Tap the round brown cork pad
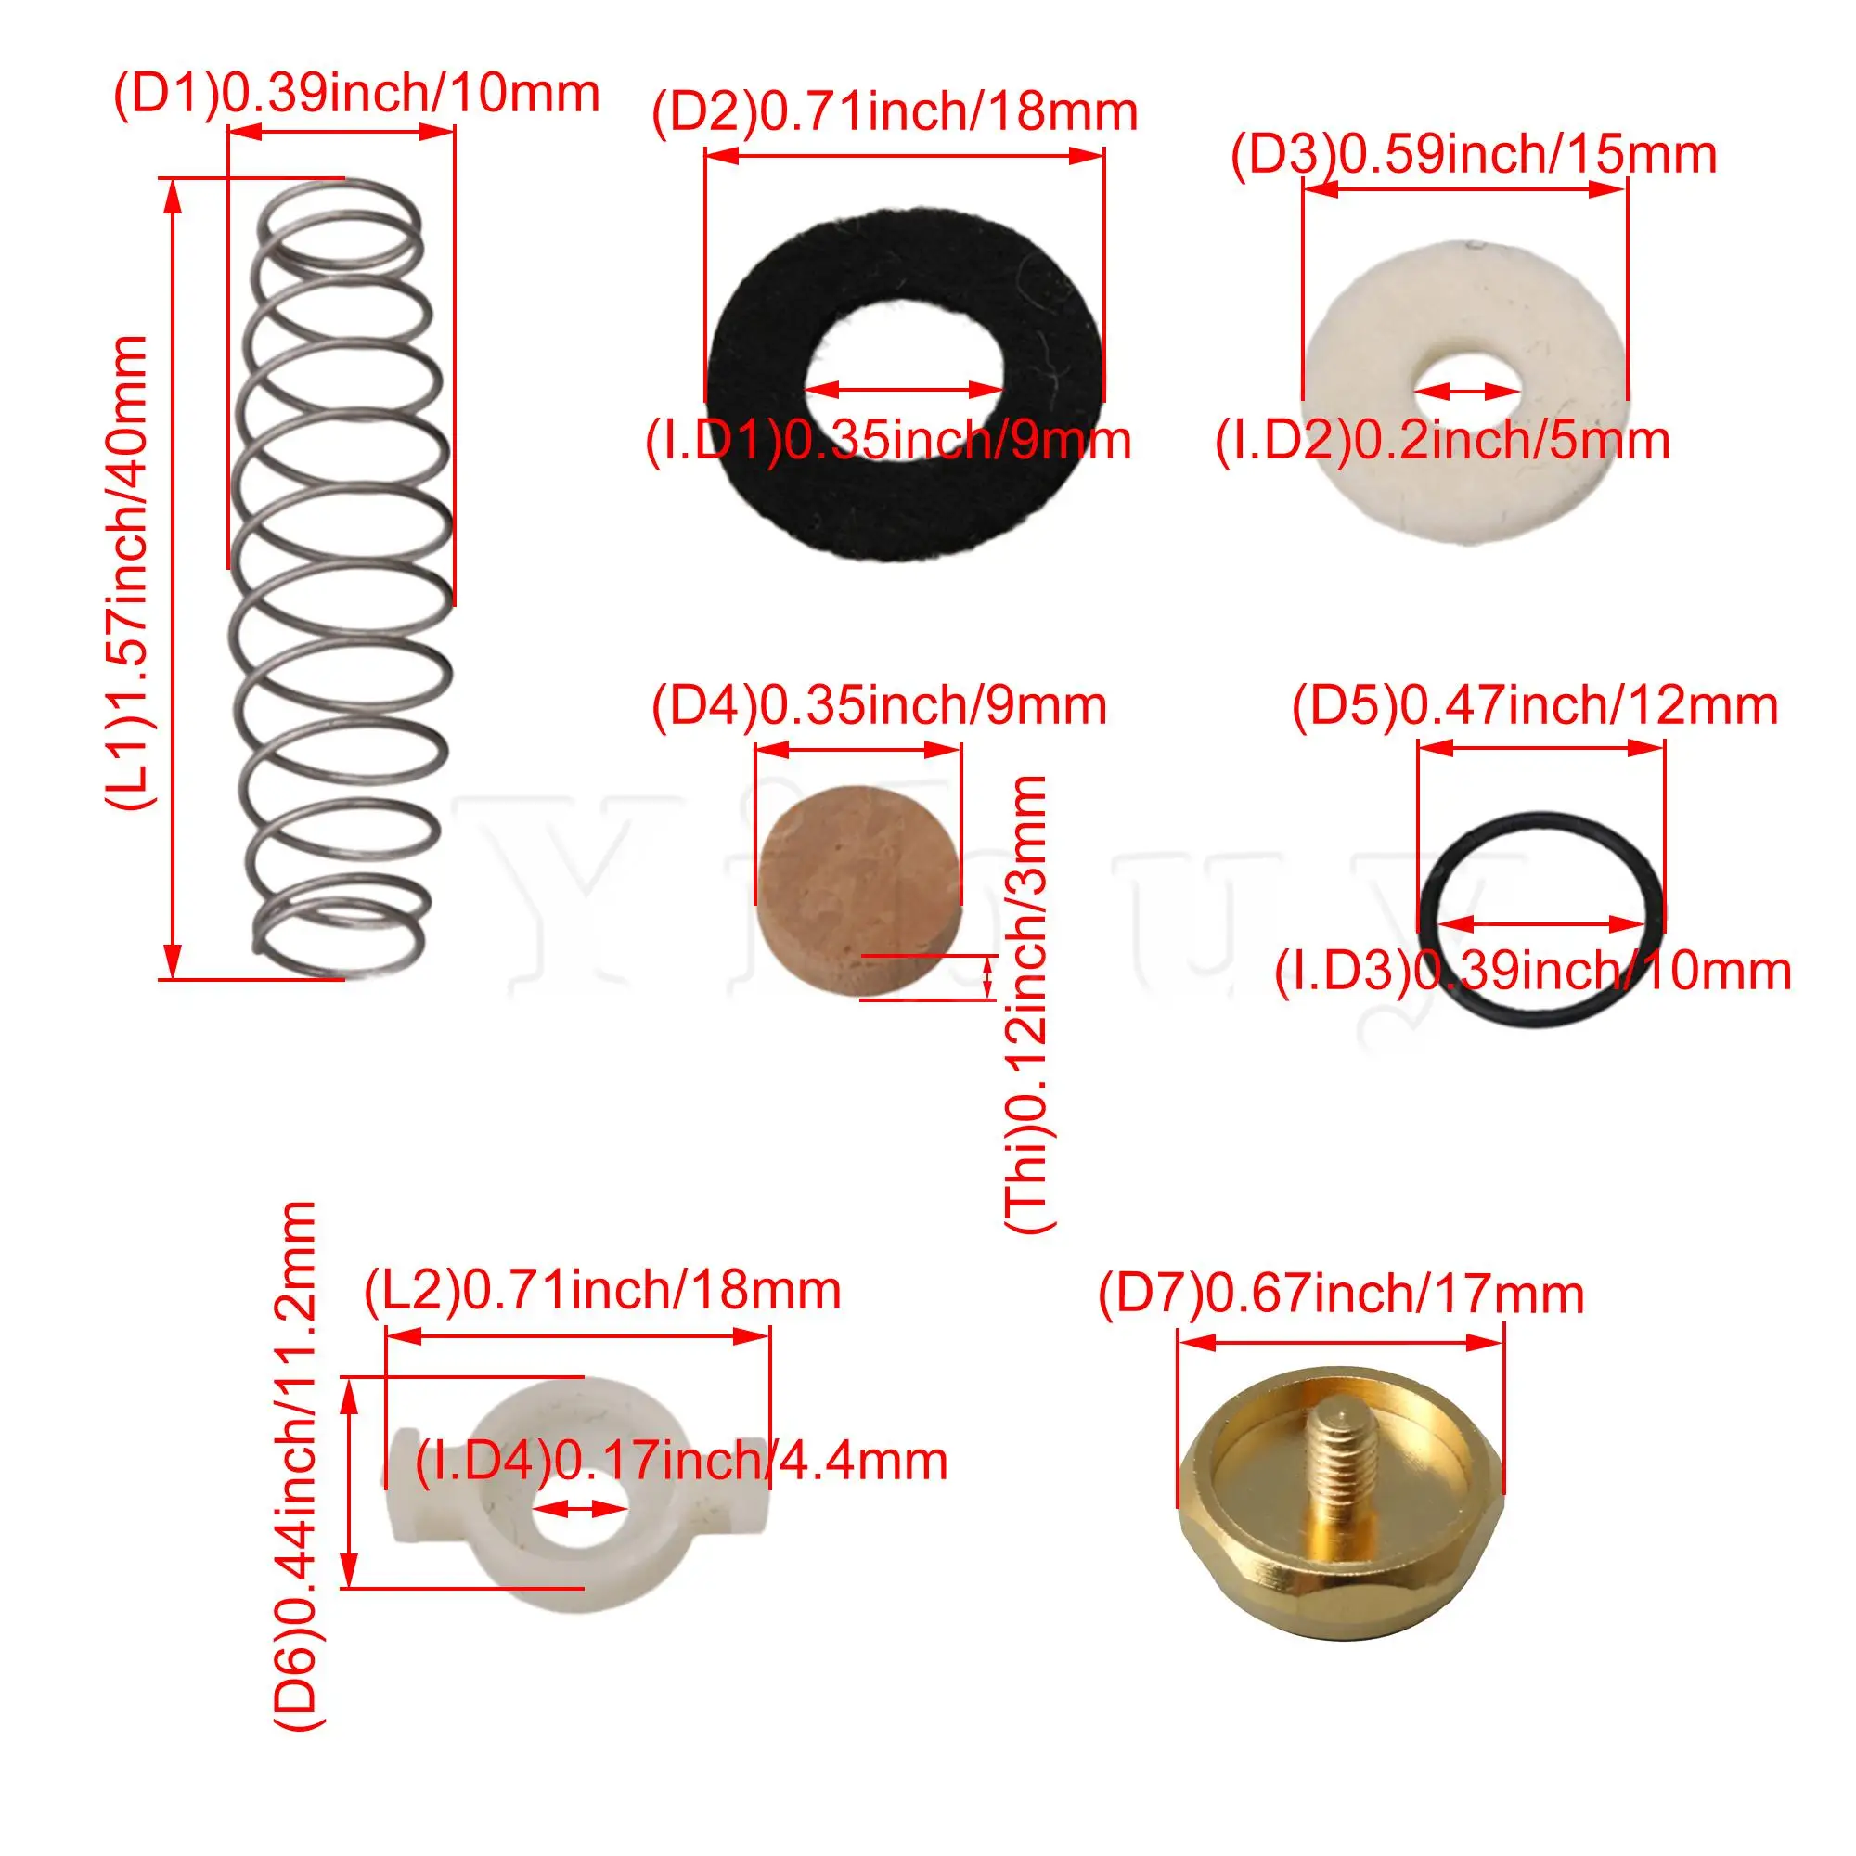pos(858,893)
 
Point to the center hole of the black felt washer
pos(903,389)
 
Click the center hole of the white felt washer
pos(1466,389)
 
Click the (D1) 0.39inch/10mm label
pos(356,94)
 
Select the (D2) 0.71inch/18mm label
pos(895,112)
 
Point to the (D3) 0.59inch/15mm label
pos(1474,155)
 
